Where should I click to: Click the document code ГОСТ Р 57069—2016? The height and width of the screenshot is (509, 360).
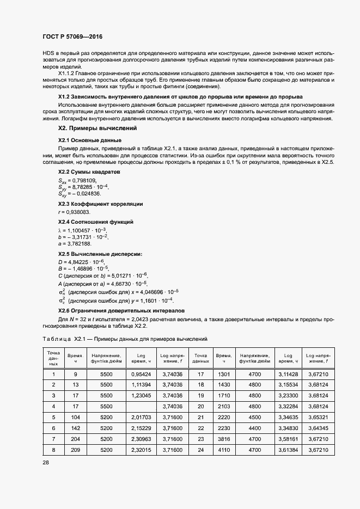[72, 37]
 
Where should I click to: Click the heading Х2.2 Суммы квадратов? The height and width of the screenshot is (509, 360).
[89, 172]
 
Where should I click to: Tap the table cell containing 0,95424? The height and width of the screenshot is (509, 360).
[141, 375]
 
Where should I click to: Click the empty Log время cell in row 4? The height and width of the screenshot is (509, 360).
[141, 406]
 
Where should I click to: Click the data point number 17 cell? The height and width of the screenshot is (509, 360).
[200, 375]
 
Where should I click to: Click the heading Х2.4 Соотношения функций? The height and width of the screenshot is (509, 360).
[96, 222]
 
